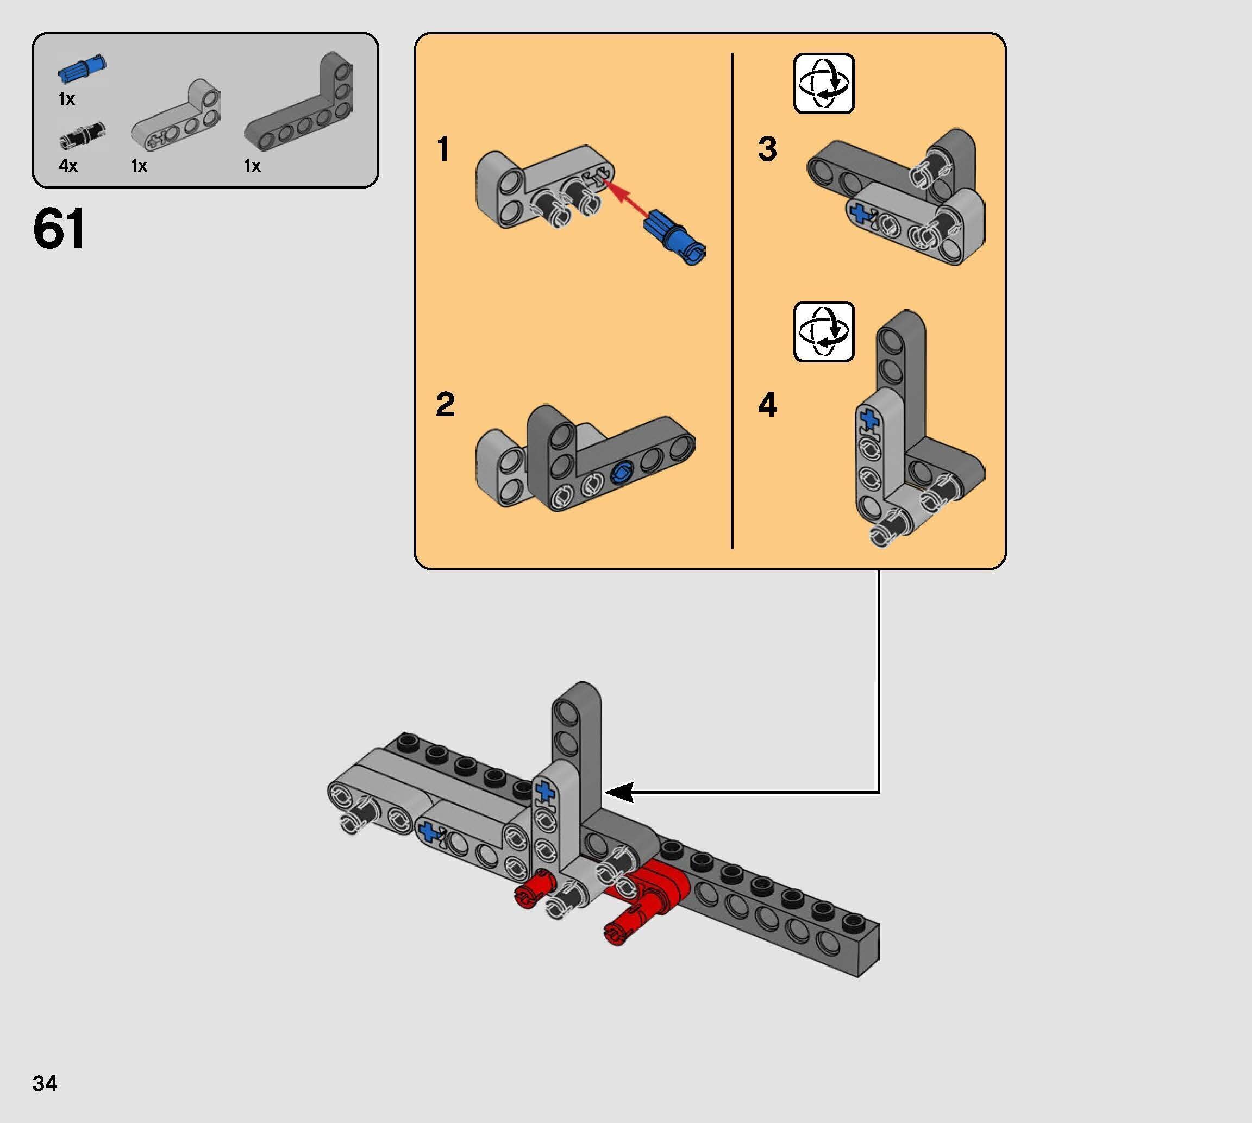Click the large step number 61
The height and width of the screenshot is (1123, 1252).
coord(59,229)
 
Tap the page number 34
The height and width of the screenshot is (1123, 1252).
coord(45,1083)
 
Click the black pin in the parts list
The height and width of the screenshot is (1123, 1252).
coord(82,136)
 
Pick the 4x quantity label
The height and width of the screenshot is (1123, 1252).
coord(68,165)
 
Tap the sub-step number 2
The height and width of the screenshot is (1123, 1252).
coord(445,405)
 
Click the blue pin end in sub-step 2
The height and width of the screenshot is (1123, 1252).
coord(621,474)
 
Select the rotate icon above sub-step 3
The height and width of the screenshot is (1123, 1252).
coord(823,83)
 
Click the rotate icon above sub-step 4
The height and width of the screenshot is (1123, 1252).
coord(823,331)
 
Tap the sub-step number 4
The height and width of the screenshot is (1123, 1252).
coord(767,405)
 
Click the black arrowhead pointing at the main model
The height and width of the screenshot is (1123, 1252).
coord(619,792)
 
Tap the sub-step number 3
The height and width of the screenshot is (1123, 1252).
coord(767,149)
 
